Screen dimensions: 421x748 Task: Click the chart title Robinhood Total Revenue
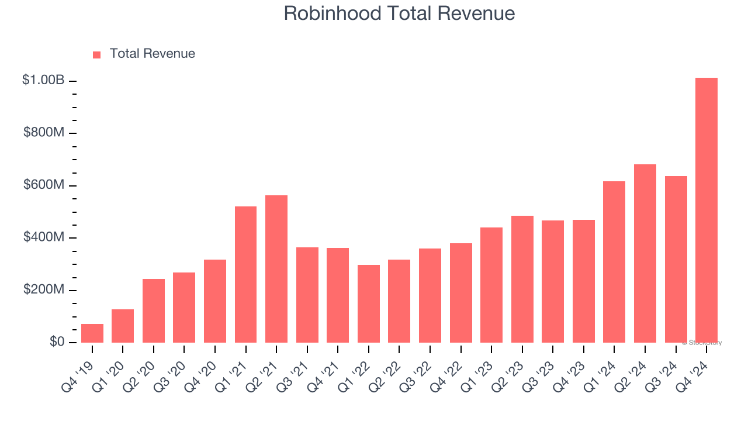pyautogui.click(x=399, y=13)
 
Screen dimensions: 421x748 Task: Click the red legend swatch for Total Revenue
pyautogui.click(x=96, y=54)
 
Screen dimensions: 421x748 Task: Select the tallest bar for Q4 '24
pyautogui.click(x=707, y=210)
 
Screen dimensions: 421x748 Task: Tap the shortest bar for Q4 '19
pyautogui.click(x=92, y=333)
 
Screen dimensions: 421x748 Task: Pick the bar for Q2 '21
pyautogui.click(x=276, y=269)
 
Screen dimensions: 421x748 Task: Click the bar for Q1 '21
pyautogui.click(x=245, y=275)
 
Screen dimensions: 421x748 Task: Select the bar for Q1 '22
pyautogui.click(x=369, y=304)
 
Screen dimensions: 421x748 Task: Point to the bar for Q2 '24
pyautogui.click(x=645, y=254)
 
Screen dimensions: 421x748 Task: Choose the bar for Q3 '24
pyautogui.click(x=676, y=260)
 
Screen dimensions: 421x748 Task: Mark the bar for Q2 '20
pyautogui.click(x=154, y=311)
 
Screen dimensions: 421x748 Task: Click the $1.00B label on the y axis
pyautogui.click(x=43, y=80)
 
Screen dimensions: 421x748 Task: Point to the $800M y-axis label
pyautogui.click(x=44, y=133)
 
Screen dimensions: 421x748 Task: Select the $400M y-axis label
pyautogui.click(x=44, y=237)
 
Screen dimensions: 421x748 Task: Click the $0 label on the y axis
pyautogui.click(x=57, y=342)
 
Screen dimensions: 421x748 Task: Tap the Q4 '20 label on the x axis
pyautogui.click(x=203, y=368)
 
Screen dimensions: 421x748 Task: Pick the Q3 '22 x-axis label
pyautogui.click(x=418, y=368)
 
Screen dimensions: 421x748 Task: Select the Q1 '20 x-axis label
pyautogui.click(x=110, y=368)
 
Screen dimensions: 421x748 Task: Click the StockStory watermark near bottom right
pyautogui.click(x=702, y=343)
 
